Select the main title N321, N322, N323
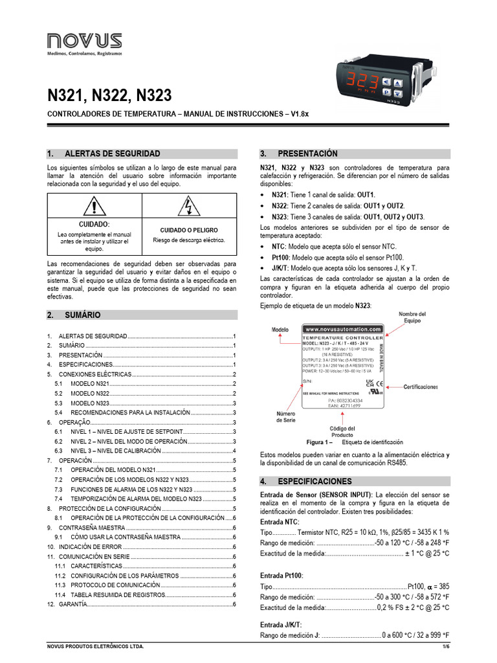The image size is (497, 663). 109,96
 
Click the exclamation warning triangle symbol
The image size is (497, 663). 94,207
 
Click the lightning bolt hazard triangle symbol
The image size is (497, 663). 188,207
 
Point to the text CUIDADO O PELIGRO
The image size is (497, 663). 189,230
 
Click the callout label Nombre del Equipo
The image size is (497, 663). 412,317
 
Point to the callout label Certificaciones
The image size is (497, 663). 421,387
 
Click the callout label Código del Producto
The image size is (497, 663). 342,432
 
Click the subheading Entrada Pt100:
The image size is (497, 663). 281,576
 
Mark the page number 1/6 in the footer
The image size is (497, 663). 445,647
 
